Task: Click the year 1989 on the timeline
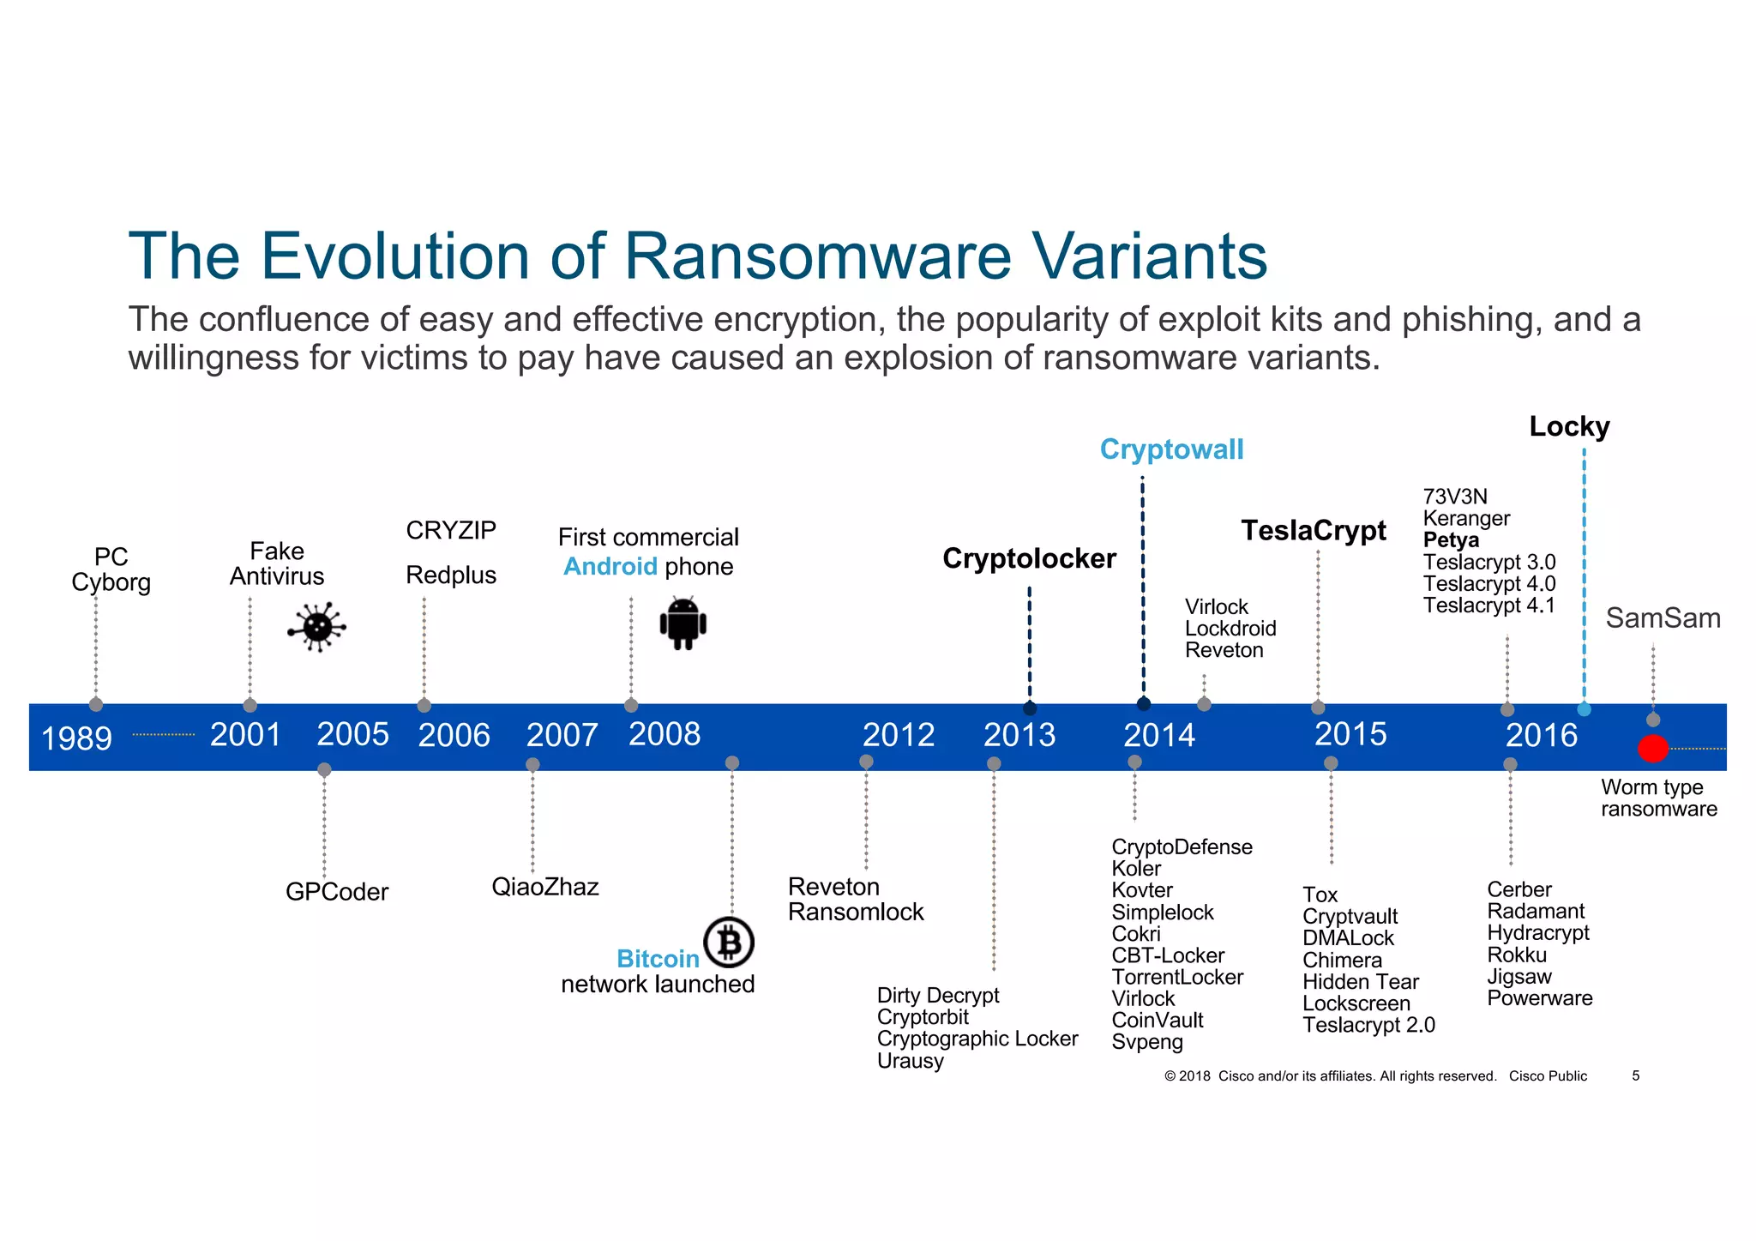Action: [x=76, y=738]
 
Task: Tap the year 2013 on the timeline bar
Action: [x=1019, y=735]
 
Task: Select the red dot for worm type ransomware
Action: [x=1652, y=748]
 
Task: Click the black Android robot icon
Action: [x=683, y=624]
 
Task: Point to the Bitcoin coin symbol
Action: [x=729, y=943]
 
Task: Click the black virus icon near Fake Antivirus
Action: [x=317, y=627]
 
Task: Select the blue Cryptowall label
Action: [x=1171, y=449]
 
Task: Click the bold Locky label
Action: [x=1569, y=426]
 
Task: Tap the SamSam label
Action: [x=1663, y=617]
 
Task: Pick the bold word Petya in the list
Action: [x=1451, y=540]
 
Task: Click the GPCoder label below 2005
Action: [x=337, y=892]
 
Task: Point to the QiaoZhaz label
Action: [x=544, y=887]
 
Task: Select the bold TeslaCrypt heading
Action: [x=1314, y=531]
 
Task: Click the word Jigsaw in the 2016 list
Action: [x=1519, y=976]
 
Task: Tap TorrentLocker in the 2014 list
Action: [x=1177, y=977]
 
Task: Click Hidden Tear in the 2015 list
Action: [x=1360, y=982]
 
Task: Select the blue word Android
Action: [x=610, y=567]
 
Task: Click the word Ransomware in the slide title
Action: [x=817, y=256]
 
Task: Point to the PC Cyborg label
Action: [x=111, y=569]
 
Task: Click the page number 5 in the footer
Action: [x=1635, y=1075]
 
